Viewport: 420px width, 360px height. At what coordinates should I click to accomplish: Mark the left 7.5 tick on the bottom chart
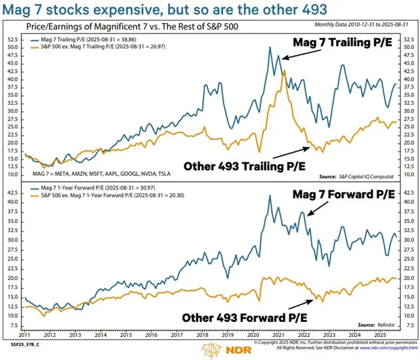coord(14,316)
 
